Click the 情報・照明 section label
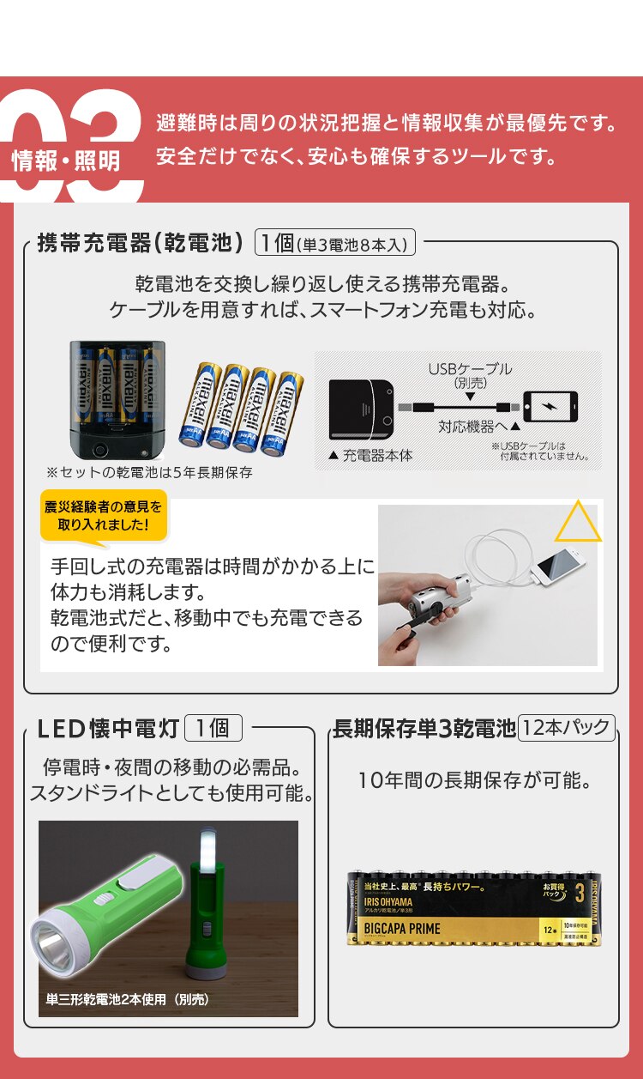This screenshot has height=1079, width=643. (66, 161)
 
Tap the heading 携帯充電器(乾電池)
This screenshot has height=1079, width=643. (141, 243)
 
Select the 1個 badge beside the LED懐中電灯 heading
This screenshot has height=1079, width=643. (213, 729)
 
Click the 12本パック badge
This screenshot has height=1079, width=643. (567, 729)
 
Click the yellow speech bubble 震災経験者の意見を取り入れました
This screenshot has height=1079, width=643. (103, 516)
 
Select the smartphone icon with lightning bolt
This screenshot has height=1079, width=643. (550, 406)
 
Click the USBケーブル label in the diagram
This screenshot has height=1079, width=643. (471, 369)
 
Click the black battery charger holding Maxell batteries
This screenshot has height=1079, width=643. (117, 399)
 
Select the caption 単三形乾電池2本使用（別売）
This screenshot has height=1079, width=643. (128, 999)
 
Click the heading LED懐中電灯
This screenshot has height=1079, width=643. (108, 729)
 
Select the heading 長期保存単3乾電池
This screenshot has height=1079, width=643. (424, 729)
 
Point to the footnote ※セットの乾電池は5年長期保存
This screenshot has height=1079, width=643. (150, 472)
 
